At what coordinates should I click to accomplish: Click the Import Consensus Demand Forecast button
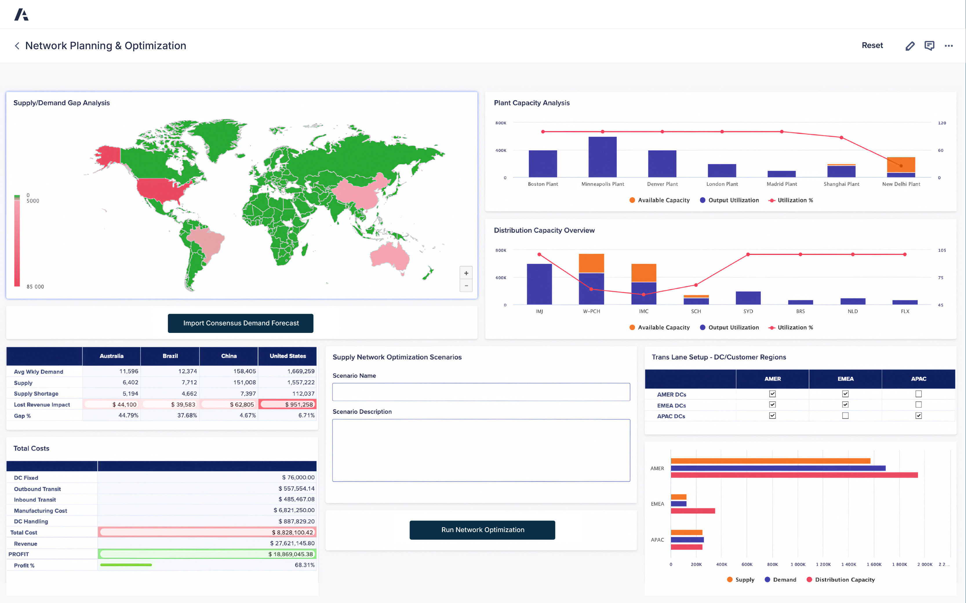[240, 323]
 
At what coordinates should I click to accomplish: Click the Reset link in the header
[872, 45]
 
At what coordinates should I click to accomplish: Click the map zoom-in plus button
[466, 273]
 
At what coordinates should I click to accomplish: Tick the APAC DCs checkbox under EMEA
[845, 416]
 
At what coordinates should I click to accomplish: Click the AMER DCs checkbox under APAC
[918, 394]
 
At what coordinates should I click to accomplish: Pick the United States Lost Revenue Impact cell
[288, 404]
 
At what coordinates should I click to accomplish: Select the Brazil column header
[170, 356]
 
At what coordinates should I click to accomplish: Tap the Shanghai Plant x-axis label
[841, 184]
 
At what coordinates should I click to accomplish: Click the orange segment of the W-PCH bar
[591, 263]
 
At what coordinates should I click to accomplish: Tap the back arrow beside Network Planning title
[17, 46]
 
